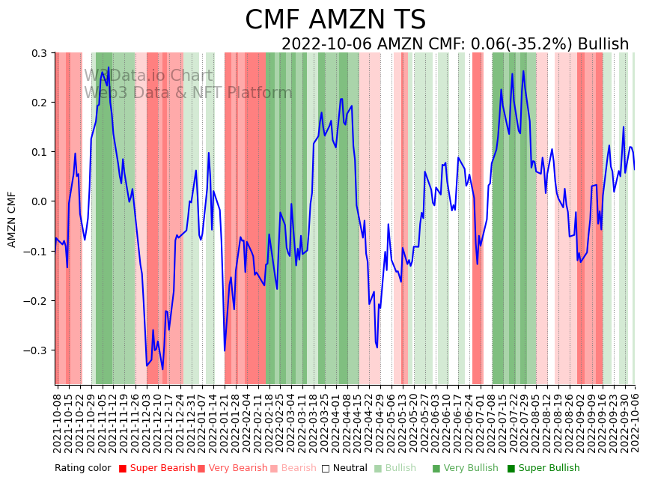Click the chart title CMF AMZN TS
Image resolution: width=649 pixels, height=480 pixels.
(x=335, y=20)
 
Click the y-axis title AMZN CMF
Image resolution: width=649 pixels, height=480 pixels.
(x=12, y=219)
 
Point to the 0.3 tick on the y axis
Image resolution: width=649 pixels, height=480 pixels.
(x=37, y=53)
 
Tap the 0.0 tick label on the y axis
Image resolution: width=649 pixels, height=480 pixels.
(x=37, y=201)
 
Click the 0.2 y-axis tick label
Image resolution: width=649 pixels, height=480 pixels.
(x=37, y=103)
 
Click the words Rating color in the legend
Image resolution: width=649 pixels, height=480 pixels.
(x=83, y=468)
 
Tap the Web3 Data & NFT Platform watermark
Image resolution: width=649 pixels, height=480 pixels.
(x=188, y=93)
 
